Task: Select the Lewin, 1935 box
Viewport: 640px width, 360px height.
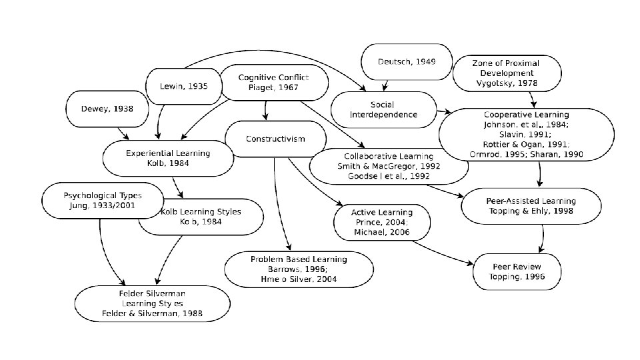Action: coord(183,86)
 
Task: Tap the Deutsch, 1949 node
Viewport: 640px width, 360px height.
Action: coord(406,62)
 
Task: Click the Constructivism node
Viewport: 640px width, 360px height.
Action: coord(275,139)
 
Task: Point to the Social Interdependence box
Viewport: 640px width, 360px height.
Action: coord(383,109)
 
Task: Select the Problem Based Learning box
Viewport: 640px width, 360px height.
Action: coord(299,269)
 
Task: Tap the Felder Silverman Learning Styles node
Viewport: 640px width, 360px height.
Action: coord(147,303)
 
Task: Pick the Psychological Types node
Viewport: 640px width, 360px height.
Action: coord(103,201)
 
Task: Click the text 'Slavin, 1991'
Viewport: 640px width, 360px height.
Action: coord(526,135)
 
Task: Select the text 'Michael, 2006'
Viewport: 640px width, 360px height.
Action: coord(381,233)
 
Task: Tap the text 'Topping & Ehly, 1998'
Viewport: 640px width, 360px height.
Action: coord(526,211)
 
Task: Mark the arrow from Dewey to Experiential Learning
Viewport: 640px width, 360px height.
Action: coord(123,134)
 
